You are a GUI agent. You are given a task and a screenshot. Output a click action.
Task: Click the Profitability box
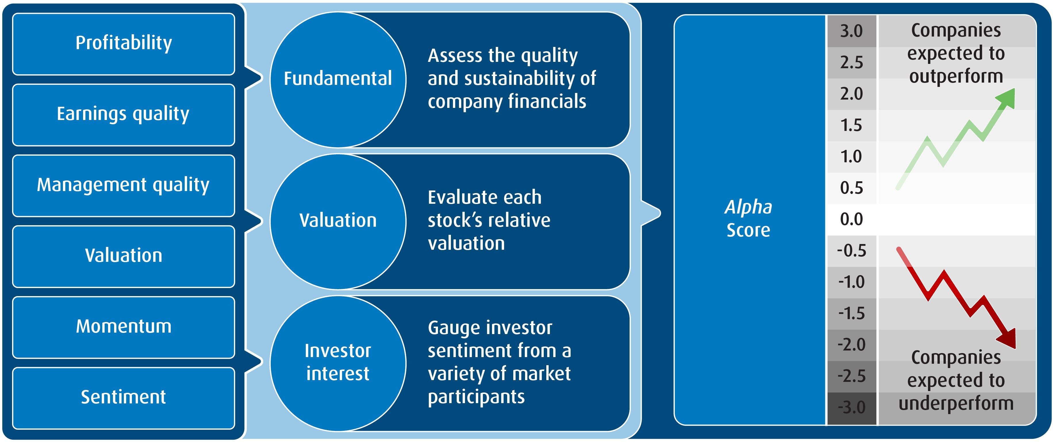click(124, 44)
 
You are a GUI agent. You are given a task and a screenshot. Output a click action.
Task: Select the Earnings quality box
click(124, 115)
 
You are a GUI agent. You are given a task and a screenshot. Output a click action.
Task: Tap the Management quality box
click(124, 185)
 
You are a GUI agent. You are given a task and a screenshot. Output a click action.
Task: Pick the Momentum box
click(124, 327)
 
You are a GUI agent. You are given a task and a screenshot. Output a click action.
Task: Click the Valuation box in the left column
click(124, 256)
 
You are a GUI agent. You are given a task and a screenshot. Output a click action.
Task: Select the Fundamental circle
click(338, 79)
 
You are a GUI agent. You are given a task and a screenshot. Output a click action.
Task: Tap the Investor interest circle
click(338, 363)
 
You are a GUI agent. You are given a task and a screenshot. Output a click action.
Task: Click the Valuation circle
click(338, 221)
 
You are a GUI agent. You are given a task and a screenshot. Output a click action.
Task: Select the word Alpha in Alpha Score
click(748, 207)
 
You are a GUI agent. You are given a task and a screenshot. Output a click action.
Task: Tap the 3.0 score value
click(852, 31)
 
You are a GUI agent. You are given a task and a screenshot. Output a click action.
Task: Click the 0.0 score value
click(852, 219)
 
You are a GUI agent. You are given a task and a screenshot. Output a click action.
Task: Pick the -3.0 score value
click(852, 407)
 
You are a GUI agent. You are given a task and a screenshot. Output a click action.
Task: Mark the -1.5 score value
click(852, 313)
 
